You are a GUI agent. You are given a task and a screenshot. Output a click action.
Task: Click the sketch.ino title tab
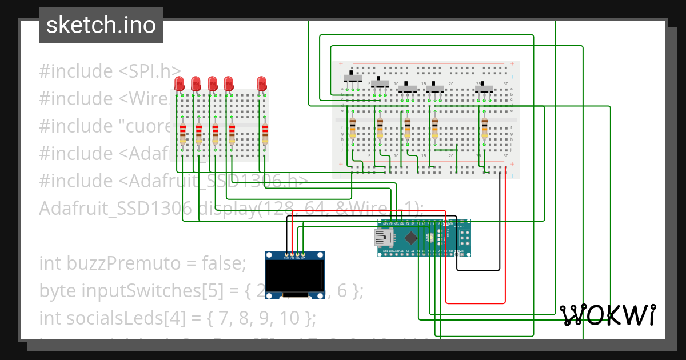tap(101, 25)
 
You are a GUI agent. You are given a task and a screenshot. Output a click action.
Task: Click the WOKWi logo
tap(607, 315)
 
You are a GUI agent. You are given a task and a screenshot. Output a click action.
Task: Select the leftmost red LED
tap(179, 84)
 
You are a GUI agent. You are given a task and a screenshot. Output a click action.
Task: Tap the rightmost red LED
tap(262, 83)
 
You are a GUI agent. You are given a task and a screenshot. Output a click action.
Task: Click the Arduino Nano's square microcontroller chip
tap(411, 237)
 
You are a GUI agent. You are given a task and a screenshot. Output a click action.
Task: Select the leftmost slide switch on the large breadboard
tap(355, 77)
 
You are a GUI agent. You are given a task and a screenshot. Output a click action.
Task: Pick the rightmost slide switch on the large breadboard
tap(485, 88)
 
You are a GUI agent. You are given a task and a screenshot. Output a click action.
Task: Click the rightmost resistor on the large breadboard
tap(485, 129)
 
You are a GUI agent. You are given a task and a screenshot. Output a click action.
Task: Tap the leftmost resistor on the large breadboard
tap(353, 129)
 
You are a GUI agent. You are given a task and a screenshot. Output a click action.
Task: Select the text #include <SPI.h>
tap(110, 71)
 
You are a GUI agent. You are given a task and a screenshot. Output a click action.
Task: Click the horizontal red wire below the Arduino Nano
tap(474, 302)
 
